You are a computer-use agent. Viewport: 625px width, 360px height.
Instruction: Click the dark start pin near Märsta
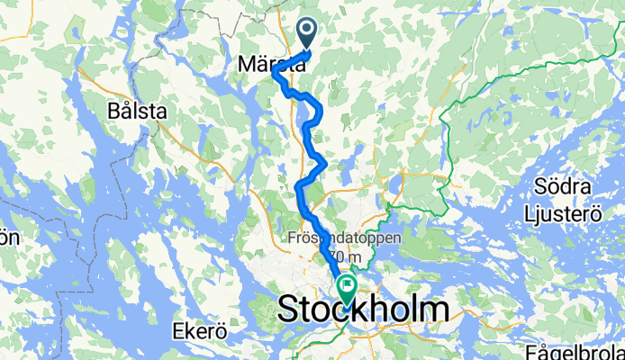[308, 34]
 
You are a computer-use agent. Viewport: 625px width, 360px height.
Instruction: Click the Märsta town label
[269, 65]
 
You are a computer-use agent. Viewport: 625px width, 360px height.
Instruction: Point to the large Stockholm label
[364, 310]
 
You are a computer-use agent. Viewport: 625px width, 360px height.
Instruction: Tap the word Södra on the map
[560, 187]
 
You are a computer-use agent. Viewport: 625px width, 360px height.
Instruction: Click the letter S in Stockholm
[290, 310]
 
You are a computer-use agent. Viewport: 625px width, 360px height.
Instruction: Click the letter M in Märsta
[247, 65]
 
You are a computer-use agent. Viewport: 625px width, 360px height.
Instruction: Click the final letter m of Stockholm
[434, 310]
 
